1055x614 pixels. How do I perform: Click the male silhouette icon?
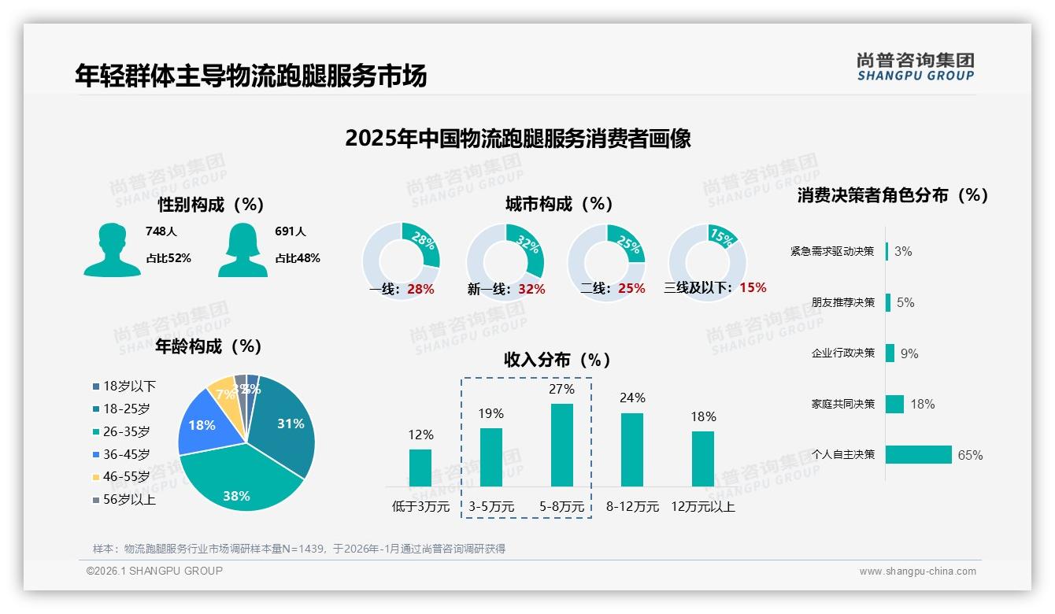[x=112, y=250]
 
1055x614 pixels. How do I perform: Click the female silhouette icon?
[x=242, y=250]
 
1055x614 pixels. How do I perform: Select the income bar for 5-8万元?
[x=561, y=445]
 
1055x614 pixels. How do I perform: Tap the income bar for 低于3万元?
[x=420, y=468]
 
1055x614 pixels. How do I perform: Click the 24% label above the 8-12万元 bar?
[x=632, y=398]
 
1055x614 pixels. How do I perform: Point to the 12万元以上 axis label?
[x=703, y=507]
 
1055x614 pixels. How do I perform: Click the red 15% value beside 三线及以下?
[x=753, y=287]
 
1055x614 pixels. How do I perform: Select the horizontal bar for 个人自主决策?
[x=918, y=455]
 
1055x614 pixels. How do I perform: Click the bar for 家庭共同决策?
[x=894, y=404]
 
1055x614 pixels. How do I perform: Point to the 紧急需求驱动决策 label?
[x=832, y=252]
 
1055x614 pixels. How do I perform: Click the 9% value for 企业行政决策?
[x=909, y=353]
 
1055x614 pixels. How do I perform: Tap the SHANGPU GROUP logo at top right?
[x=915, y=67]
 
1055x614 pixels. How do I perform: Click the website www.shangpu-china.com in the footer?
[x=917, y=571]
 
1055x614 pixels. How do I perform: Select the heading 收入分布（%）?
[x=557, y=360]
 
